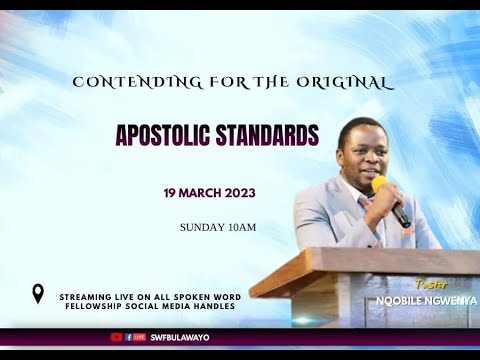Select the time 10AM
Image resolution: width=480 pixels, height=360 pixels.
[x=242, y=227]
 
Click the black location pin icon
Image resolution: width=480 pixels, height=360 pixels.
[x=38, y=293]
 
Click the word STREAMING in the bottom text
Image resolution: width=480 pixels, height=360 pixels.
[x=89, y=297]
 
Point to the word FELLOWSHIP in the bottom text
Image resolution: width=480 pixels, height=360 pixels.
[x=94, y=306]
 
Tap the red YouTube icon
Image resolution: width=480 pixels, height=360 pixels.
[x=116, y=337]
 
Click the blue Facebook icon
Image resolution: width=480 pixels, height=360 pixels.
[x=129, y=337]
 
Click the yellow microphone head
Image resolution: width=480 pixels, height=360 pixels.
[x=379, y=184]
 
